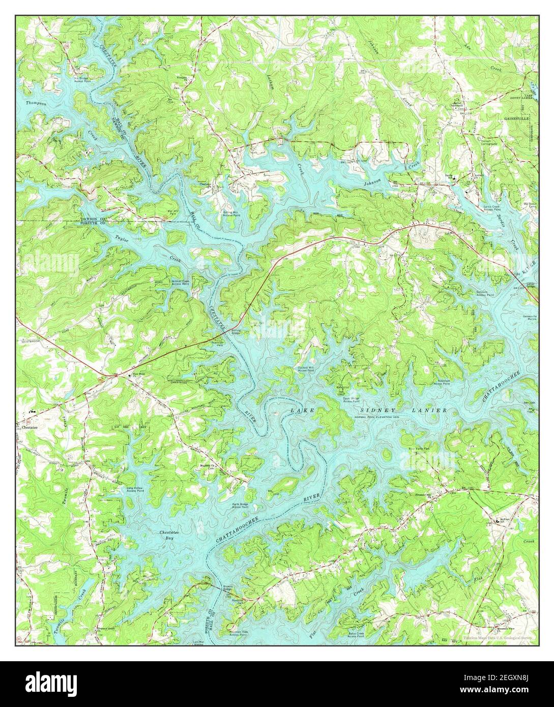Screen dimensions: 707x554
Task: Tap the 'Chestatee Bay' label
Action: [167, 536]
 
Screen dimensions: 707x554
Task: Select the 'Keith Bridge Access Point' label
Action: [243, 505]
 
